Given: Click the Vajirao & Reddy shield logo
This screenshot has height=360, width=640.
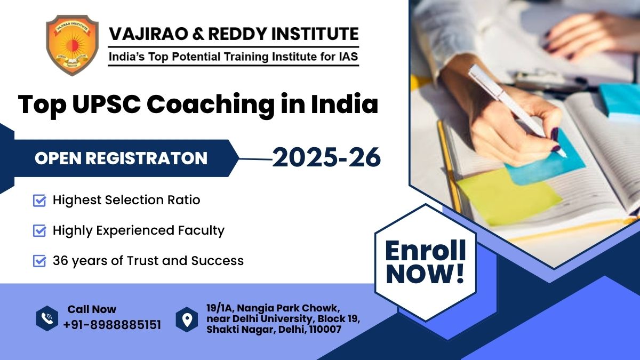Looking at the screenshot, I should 72,45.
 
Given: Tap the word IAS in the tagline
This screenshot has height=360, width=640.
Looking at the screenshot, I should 347,55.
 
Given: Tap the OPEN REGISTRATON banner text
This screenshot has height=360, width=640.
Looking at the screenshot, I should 121,158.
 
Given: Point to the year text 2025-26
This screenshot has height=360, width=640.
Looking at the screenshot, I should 326,158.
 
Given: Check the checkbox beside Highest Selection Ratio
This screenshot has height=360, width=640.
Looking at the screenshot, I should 39,201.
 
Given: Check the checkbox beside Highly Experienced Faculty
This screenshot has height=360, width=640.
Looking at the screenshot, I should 39,231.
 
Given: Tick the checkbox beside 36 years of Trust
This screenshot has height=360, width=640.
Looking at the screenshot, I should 39,261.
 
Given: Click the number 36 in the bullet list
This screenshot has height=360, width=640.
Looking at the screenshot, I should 61,261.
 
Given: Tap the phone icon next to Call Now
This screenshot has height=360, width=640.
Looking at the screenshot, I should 47,318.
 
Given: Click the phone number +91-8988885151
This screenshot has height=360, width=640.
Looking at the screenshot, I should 112,325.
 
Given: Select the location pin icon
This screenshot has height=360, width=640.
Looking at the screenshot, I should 187,319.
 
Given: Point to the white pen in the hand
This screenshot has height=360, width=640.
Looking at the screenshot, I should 512,107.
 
